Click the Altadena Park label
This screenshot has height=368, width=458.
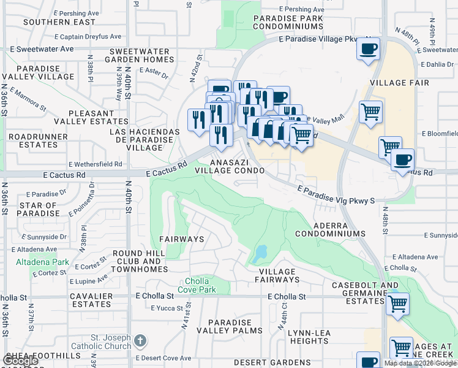tap(34, 262)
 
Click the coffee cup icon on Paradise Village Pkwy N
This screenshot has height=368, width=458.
tap(368, 49)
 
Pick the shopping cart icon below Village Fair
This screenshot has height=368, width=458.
tap(370, 113)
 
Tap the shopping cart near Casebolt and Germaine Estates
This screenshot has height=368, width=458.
tap(398, 304)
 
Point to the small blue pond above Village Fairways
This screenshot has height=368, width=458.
tap(261, 252)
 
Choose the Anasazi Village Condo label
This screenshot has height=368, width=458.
tap(230, 166)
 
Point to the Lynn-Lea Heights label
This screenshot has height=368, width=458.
tap(308, 337)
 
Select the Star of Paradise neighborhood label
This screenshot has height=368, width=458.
tap(38, 210)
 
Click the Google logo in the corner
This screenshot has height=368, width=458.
tap(20, 361)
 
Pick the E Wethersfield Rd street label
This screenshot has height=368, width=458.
tap(96, 164)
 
